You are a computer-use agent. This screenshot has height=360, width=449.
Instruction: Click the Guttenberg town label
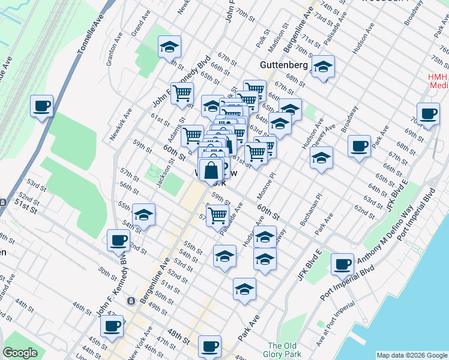tap(284, 64)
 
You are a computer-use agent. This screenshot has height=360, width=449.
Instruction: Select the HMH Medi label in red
tap(438, 81)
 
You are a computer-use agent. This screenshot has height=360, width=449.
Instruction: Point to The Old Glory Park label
tap(282, 350)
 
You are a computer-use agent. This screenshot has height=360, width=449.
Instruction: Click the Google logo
tap(20, 353)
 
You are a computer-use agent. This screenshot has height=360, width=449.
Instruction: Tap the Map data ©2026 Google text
tap(411, 355)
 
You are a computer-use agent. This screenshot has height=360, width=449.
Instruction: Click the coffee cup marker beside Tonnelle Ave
tap(42, 106)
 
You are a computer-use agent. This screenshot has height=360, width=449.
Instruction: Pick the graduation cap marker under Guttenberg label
tap(322, 68)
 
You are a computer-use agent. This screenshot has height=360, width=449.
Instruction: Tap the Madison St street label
tap(276, 41)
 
